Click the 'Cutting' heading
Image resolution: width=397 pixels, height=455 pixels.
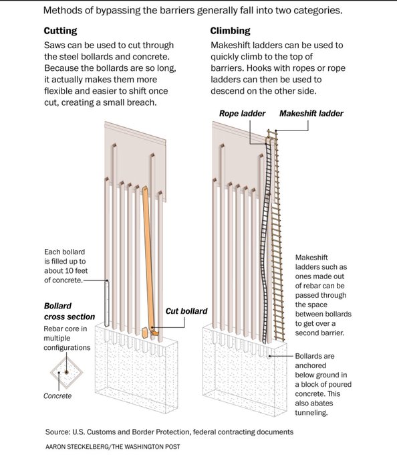(x=60, y=31)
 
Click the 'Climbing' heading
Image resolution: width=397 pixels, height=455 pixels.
(x=230, y=31)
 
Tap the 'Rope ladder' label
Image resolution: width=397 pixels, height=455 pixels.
(x=242, y=114)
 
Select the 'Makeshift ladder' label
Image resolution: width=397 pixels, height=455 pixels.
(x=311, y=114)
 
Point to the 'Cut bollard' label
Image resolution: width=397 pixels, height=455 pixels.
(x=186, y=311)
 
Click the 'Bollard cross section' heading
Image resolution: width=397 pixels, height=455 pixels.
(x=70, y=311)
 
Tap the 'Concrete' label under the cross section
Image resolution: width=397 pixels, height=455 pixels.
(x=57, y=396)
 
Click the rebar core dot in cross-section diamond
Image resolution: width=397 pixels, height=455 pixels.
(x=66, y=372)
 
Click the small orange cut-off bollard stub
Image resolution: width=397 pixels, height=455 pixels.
(x=144, y=333)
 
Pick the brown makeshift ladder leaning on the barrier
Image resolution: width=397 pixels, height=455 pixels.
(x=277, y=235)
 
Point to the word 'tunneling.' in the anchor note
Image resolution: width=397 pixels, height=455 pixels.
(x=311, y=413)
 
